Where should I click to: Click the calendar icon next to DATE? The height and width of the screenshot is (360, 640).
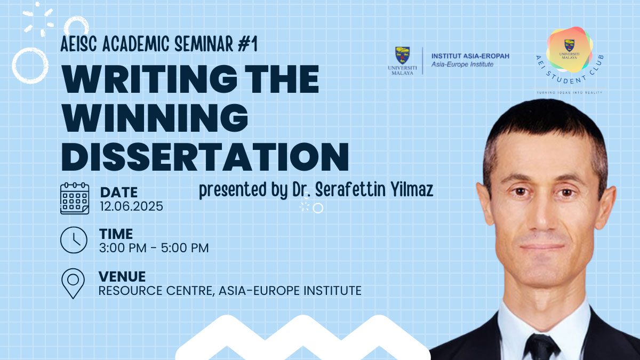(75, 198)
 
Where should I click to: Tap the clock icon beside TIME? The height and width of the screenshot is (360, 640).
(74, 240)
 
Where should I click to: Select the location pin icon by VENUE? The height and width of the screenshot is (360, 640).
(73, 283)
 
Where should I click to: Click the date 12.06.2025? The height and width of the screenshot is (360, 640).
(131, 206)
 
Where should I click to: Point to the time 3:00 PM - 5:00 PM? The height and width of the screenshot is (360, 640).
(154, 247)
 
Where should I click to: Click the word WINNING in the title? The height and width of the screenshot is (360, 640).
(155, 118)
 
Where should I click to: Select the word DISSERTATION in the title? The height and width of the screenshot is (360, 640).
(205, 157)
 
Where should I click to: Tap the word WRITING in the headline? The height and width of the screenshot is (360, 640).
(149, 79)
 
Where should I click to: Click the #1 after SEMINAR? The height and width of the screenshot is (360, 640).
(247, 44)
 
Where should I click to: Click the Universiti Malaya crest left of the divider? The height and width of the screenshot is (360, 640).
(402, 55)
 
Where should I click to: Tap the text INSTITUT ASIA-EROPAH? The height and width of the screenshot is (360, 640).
(470, 56)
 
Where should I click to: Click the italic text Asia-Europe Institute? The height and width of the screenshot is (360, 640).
(462, 65)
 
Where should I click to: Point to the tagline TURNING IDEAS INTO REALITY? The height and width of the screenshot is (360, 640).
(570, 93)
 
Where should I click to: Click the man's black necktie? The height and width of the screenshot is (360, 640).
(541, 347)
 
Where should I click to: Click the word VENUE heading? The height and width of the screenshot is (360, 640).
(122, 277)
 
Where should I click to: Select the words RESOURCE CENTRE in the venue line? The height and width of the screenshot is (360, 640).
(156, 291)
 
